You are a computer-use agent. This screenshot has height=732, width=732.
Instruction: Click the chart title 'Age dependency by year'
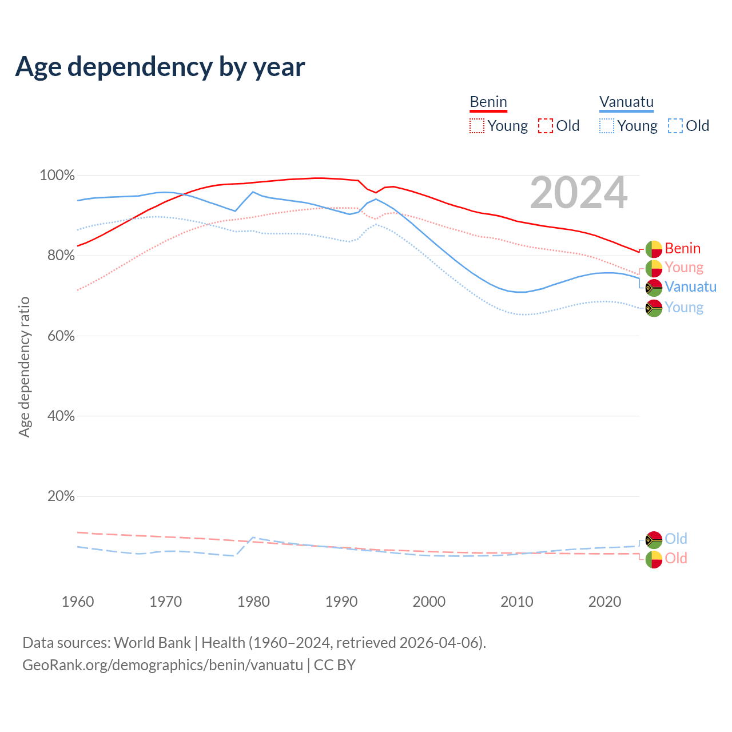(x=160, y=67)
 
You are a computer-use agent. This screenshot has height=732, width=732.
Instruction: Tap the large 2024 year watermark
(x=578, y=193)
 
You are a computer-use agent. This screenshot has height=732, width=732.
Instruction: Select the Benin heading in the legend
(x=488, y=102)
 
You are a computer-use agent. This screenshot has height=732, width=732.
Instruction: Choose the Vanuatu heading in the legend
(x=626, y=102)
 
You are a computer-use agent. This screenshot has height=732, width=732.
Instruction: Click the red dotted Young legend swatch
(x=476, y=126)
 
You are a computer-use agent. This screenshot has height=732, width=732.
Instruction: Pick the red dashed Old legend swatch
(x=545, y=126)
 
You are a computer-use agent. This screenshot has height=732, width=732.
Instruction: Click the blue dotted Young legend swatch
(x=606, y=126)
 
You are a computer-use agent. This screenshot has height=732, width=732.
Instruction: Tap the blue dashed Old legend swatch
(x=675, y=126)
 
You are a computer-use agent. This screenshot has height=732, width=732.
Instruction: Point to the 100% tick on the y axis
(x=57, y=176)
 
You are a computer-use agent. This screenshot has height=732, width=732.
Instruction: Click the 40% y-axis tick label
(x=61, y=416)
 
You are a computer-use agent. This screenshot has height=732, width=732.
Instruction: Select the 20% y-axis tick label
(x=61, y=496)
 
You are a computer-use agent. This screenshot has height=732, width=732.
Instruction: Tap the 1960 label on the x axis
(x=78, y=602)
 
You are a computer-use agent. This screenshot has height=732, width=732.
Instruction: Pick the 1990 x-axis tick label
(x=341, y=602)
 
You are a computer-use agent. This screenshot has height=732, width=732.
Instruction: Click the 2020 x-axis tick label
(x=604, y=602)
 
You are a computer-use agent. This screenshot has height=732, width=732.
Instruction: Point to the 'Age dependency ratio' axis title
(x=24, y=367)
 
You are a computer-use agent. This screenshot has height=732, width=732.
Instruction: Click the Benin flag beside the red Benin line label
(x=654, y=249)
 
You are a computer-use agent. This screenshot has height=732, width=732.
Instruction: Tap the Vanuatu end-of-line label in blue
(x=690, y=287)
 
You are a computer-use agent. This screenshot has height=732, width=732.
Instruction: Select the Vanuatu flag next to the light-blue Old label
(x=654, y=539)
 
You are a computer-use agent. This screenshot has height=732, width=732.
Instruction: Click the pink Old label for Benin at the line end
(x=675, y=558)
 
